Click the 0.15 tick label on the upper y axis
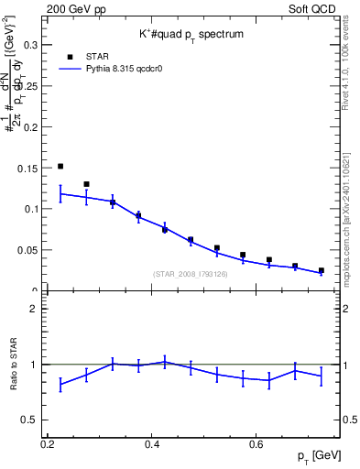[27, 168]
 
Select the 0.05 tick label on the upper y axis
[27, 250]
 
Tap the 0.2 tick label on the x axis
[48, 444]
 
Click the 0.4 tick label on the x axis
[153, 444]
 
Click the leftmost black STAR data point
[60, 166]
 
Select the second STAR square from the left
[86, 184]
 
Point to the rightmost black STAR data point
[321, 270]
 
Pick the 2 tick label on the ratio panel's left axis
[31, 309]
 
